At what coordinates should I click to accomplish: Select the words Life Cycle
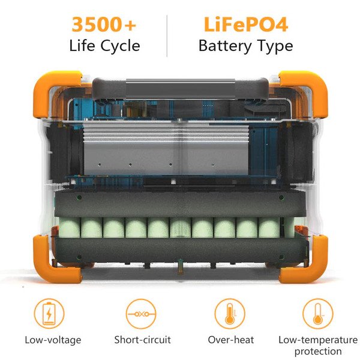point(104,46)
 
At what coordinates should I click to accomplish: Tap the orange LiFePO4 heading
point(245,25)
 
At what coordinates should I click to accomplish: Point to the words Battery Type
point(245,46)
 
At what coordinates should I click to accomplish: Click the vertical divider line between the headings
point(167,35)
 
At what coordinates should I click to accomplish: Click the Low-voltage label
point(53,340)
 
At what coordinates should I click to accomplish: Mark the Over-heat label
point(230,340)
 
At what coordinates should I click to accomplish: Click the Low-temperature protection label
point(318,346)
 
